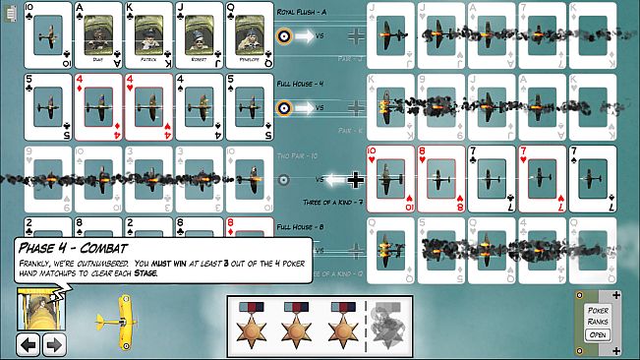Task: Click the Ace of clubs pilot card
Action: (98, 35)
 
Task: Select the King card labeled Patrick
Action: (148, 35)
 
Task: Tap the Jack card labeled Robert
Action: (200, 35)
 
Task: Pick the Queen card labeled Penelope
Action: (250, 35)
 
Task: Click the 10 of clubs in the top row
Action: (46, 35)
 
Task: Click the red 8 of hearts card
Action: (440, 179)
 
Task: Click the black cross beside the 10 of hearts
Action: (355, 180)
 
